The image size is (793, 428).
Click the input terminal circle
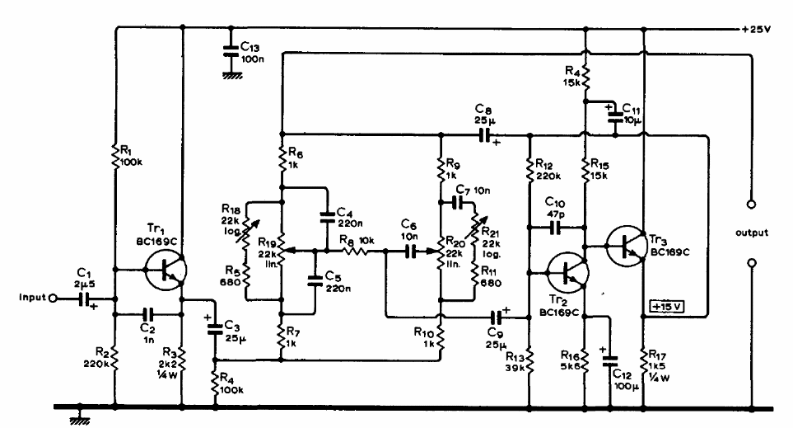52,299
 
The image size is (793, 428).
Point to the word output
751,233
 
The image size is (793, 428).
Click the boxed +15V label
668,307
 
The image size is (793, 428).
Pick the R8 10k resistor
355,250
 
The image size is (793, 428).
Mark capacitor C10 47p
557,223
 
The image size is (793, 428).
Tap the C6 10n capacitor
408,250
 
